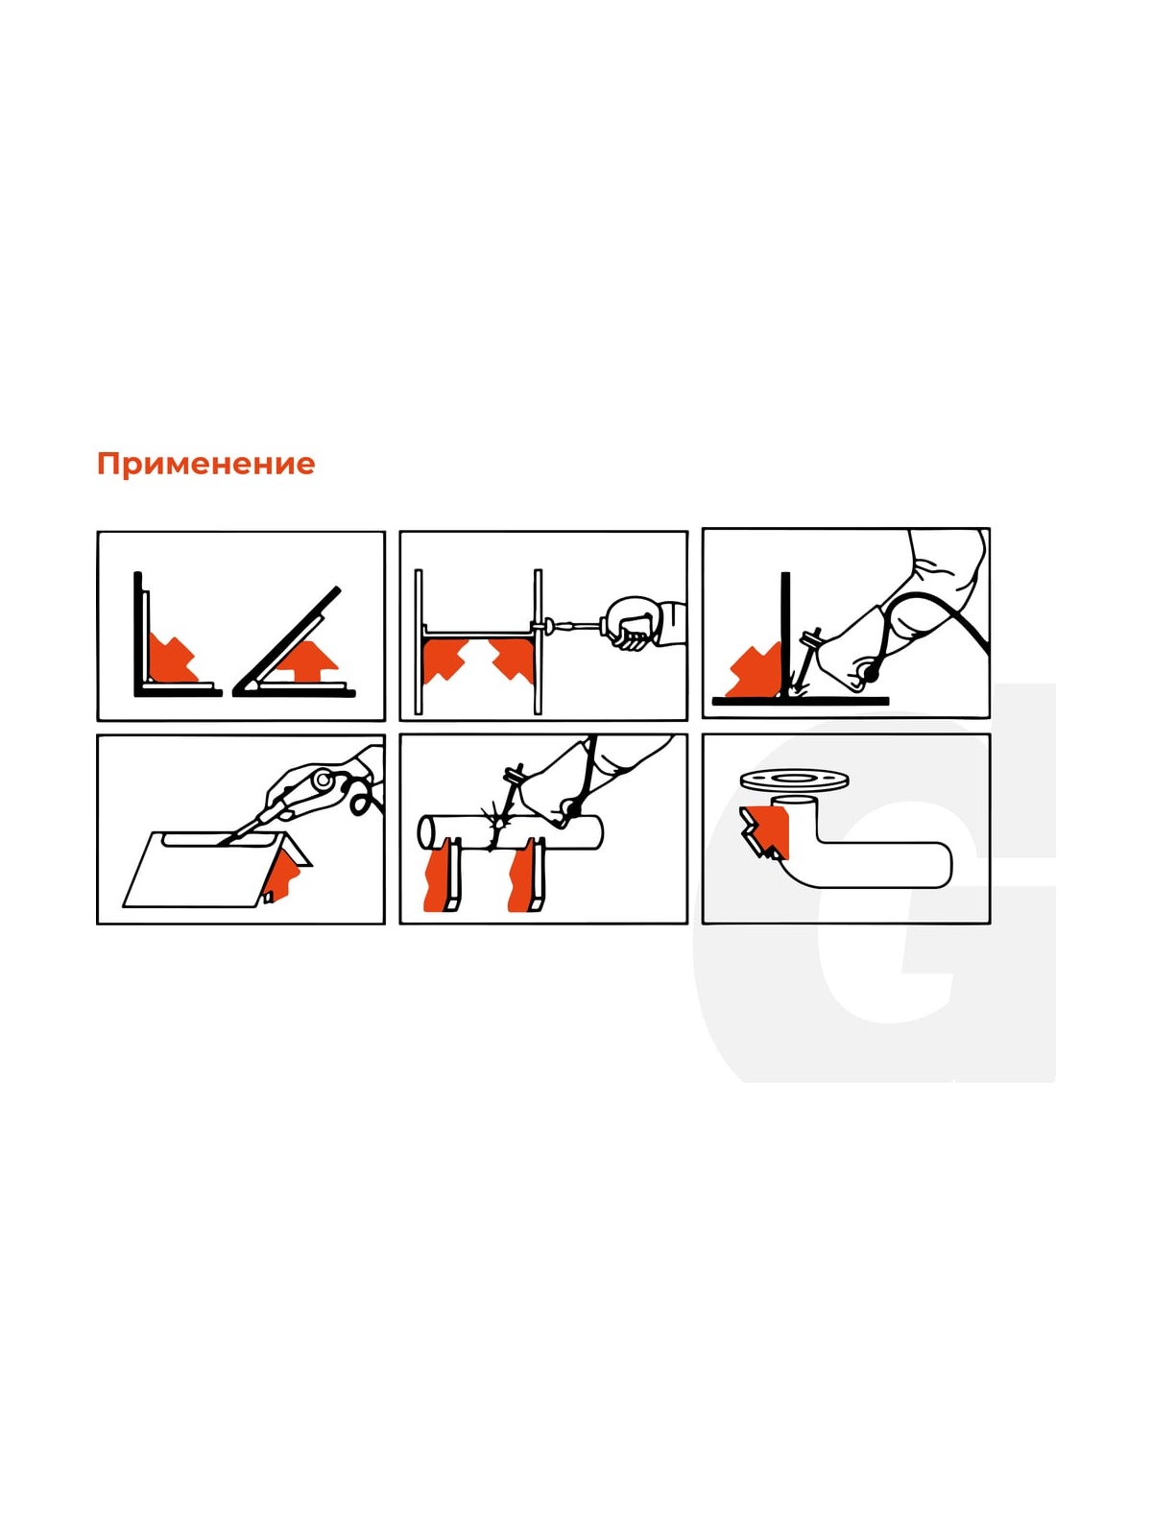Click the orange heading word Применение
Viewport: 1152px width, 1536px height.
click(205, 464)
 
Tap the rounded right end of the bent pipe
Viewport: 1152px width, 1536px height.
click(944, 866)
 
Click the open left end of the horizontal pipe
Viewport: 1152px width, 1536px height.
click(426, 831)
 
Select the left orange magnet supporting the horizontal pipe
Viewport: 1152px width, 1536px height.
click(438, 879)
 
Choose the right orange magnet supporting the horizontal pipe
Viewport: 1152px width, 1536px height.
click(524, 879)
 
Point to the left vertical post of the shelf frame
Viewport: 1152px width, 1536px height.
click(419, 641)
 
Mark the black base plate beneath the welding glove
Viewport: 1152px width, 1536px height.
click(801, 701)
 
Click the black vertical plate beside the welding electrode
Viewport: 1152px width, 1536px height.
click(786, 635)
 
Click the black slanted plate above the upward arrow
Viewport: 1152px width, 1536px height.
click(288, 639)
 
